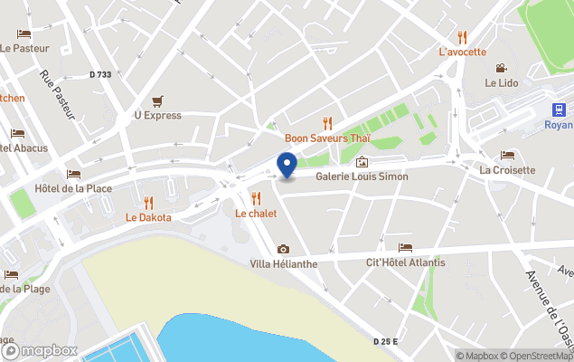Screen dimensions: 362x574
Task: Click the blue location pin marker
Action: point(287,166)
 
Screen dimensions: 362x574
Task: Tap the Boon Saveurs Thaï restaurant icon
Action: point(327,123)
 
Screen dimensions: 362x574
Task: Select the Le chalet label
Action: point(256,214)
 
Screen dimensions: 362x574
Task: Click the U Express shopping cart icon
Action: point(158,100)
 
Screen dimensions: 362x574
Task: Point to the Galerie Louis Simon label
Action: point(362,176)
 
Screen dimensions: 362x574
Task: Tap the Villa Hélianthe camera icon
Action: point(283,249)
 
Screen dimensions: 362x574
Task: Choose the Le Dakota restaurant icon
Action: point(148,203)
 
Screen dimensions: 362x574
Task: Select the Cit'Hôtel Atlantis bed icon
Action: point(405,248)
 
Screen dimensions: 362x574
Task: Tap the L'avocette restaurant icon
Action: point(463,37)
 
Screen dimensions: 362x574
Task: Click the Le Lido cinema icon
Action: point(501,68)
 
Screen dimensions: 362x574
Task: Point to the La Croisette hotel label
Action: point(507,169)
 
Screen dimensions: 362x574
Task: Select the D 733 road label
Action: point(100,75)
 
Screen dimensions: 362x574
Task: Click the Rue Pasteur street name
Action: point(56,95)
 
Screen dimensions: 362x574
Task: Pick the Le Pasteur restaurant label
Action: point(24,48)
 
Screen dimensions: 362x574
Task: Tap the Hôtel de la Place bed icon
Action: point(73,174)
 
